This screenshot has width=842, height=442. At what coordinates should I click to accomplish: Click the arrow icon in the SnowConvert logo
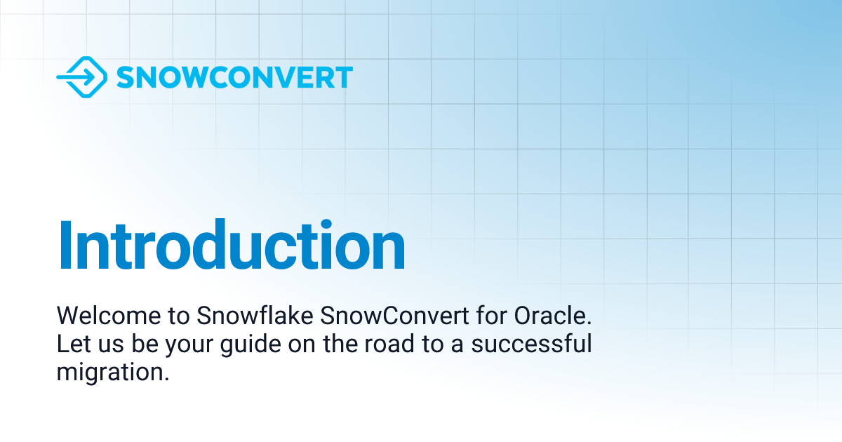pyautogui.click(x=81, y=77)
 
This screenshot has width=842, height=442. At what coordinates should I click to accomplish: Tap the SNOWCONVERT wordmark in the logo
pyautogui.click(x=234, y=78)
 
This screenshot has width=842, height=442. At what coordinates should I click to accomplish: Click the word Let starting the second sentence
pyautogui.click(x=71, y=345)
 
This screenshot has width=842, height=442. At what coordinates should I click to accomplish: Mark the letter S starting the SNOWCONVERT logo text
pyautogui.click(x=126, y=78)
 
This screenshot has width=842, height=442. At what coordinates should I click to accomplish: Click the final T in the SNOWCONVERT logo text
pyautogui.click(x=343, y=78)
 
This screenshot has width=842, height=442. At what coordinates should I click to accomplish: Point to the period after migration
pyautogui.click(x=167, y=379)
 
